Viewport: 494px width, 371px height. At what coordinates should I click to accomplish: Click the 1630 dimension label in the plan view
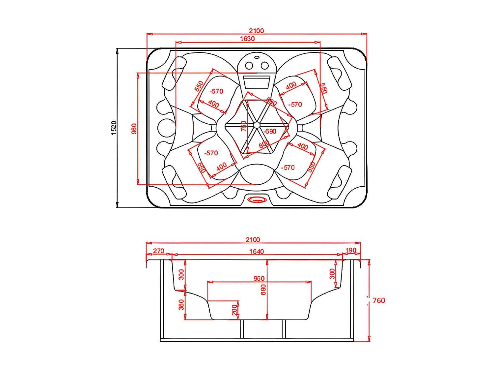pos(247,39)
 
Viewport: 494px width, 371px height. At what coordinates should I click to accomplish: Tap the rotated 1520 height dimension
pos(114,128)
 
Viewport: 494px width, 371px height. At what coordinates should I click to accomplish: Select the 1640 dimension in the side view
pos(256,252)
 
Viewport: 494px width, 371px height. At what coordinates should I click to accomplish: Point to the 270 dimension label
pos(158,251)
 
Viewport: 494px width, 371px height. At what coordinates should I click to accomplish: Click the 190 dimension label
pos(351,250)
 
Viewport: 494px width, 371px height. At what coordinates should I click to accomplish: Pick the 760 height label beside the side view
pos(378,300)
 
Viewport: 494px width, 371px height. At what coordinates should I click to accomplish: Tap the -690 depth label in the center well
pos(270,131)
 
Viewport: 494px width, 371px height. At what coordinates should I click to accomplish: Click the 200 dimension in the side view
pos(234,310)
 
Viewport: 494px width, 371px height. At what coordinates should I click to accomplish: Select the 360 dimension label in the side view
pos(181,305)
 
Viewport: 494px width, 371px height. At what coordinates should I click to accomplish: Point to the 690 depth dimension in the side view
pos(263,290)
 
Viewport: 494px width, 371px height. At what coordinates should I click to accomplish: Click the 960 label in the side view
pos(259,279)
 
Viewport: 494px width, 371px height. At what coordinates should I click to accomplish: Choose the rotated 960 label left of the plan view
pos(134,129)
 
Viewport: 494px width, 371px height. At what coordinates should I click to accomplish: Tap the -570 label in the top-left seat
pos(216,91)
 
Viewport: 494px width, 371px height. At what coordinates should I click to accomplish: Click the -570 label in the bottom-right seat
pos(288,168)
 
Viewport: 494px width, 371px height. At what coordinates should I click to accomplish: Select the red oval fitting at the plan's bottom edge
pos(257,200)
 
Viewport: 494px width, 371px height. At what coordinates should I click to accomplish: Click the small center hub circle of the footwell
pos(257,125)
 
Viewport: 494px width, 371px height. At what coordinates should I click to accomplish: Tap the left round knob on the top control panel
pos(249,66)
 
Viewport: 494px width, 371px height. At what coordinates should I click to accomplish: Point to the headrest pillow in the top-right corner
pos(340,73)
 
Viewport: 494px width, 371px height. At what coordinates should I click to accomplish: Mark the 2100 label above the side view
pos(253,240)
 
